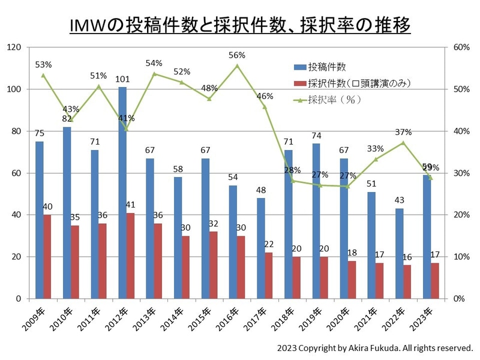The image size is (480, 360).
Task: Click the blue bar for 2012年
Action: click(122, 192)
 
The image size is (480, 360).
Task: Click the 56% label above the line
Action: click(237, 55)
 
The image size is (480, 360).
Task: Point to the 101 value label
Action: click(122, 79)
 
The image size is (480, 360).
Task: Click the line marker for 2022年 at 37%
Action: click(403, 143)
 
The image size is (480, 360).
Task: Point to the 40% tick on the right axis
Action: click(460, 131)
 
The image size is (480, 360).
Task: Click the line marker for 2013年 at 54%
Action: click(154, 74)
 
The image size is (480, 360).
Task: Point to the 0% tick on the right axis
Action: click(458, 299)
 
